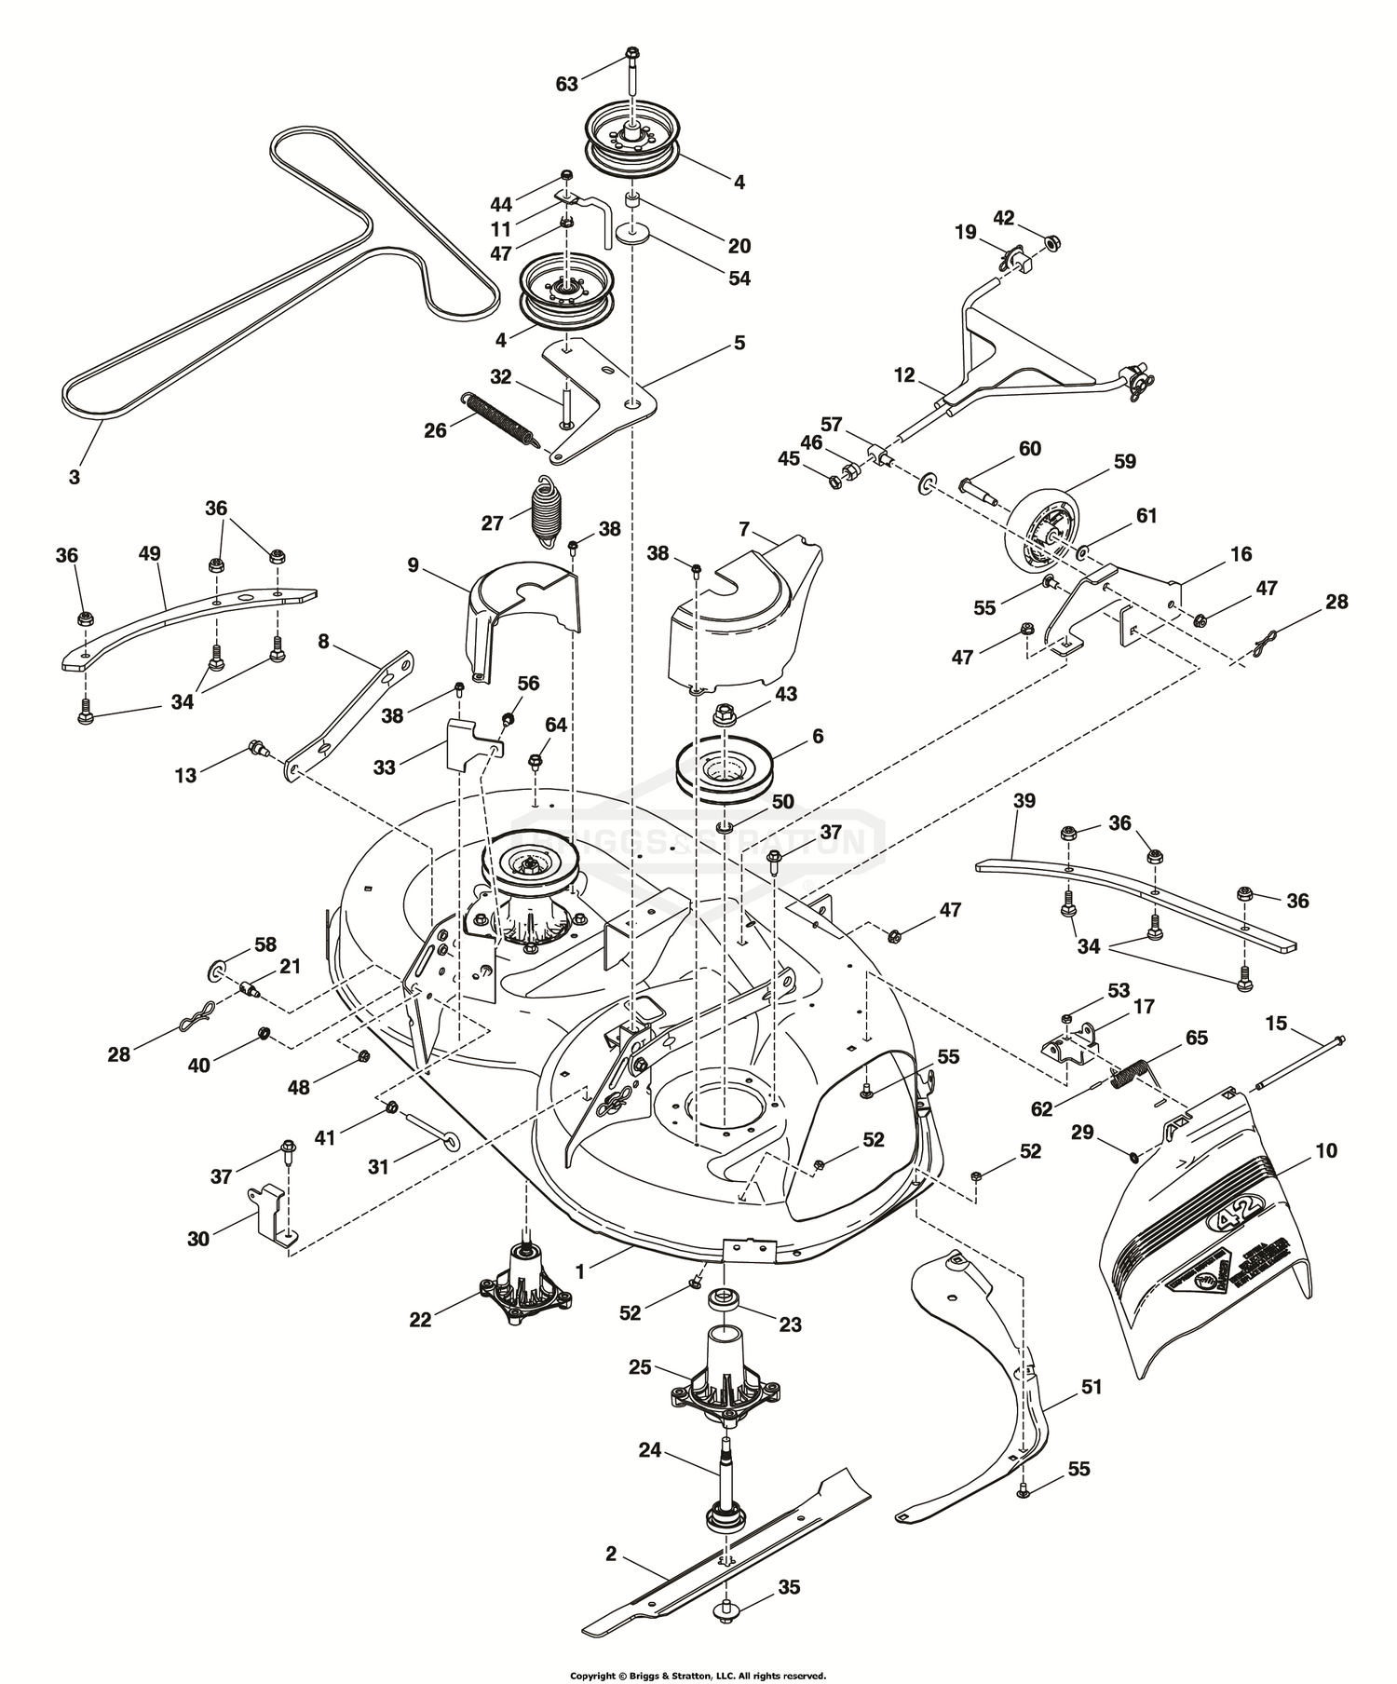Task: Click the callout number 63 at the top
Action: point(567,84)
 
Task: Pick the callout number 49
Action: point(149,553)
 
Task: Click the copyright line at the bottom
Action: point(698,1675)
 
